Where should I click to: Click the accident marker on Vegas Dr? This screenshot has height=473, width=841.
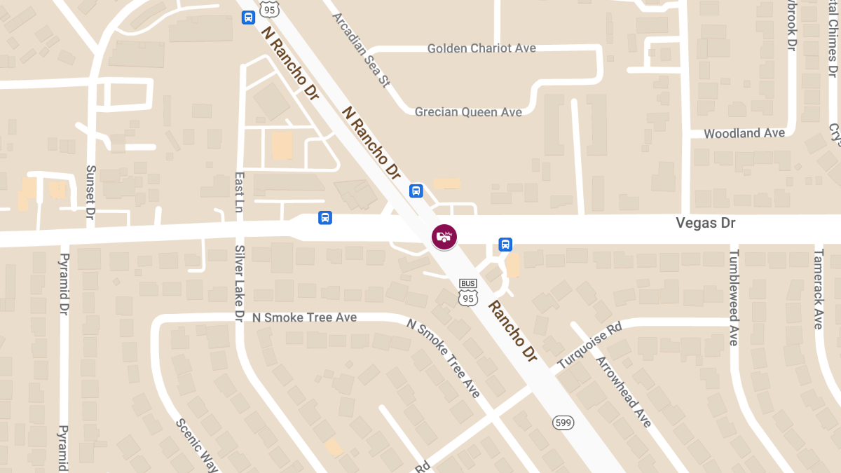click(444, 237)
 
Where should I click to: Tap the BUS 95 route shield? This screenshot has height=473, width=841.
click(469, 292)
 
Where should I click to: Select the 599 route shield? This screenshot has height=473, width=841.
click(563, 422)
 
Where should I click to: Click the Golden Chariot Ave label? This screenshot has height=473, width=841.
click(481, 48)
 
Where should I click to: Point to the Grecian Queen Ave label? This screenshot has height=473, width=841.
click(468, 112)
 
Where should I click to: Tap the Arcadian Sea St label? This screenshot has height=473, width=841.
click(360, 49)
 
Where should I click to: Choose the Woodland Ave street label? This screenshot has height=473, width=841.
click(744, 133)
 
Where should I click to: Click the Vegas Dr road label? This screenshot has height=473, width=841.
click(706, 223)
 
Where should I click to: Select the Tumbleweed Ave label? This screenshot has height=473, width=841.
click(734, 297)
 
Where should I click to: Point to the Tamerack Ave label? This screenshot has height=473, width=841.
click(818, 288)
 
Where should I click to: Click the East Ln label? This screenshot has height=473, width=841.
click(239, 193)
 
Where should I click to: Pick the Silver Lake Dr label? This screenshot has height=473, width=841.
click(239, 284)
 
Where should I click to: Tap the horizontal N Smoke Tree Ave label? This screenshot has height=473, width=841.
click(304, 317)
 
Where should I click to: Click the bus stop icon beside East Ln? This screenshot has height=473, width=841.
click(325, 217)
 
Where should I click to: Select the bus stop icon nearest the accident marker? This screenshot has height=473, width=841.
click(416, 190)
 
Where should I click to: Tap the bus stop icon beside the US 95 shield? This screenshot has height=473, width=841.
click(248, 18)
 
